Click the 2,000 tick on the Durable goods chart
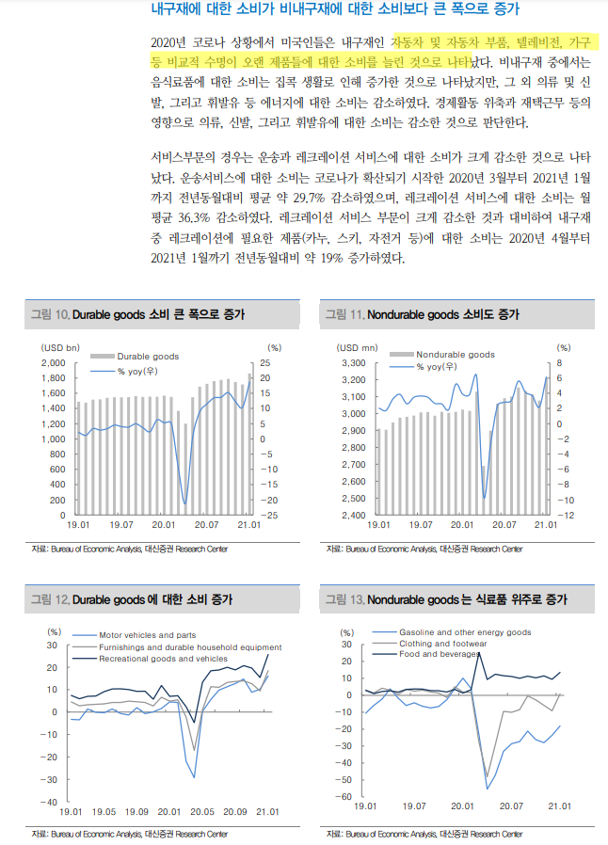[52, 362]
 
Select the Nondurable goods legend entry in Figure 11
[455, 355]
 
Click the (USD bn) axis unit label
[59, 347]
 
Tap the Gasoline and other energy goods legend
[465, 632]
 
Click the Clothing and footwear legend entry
[442, 644]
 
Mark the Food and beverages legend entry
[439, 654]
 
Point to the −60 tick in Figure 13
[345, 797]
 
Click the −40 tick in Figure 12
[51, 802]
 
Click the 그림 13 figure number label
[344, 599]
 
